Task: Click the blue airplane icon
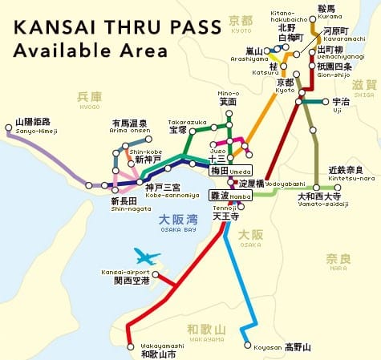coord(147,257)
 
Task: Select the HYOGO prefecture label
coord(89,99)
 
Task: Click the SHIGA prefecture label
coord(364,87)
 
